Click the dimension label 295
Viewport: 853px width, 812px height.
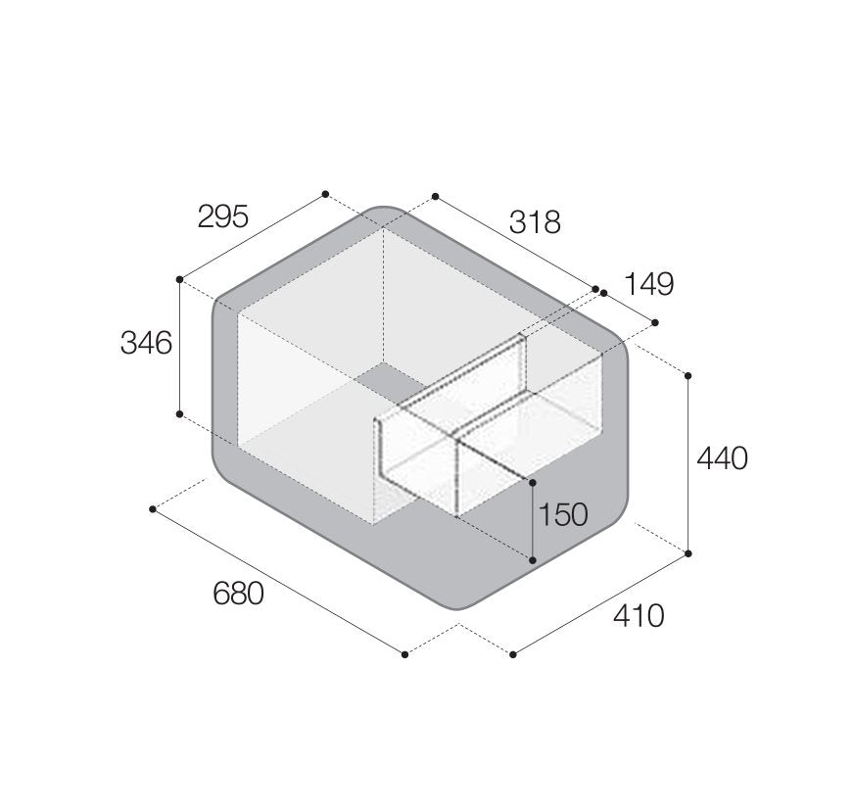pos(223,216)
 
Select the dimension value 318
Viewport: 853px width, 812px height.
pos(535,222)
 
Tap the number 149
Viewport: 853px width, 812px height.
pos(648,284)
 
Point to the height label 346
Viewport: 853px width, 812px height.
pos(146,343)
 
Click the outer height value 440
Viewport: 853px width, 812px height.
pos(723,458)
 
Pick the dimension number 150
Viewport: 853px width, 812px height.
pos(562,514)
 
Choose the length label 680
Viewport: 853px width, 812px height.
pos(238,594)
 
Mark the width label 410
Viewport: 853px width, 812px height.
pos(639,616)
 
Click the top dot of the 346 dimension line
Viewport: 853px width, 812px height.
pos(179,279)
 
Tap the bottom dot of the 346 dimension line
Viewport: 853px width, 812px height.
pos(179,414)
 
